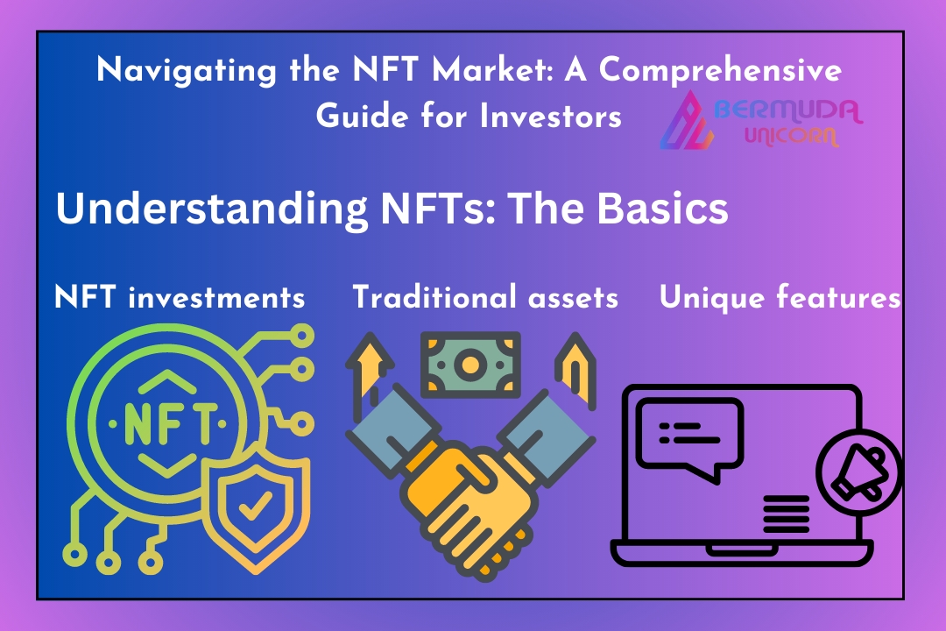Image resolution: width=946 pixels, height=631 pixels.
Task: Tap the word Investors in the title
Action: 550,116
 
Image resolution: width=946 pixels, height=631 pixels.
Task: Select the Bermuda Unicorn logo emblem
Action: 687,121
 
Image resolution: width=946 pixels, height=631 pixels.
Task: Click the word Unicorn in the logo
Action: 791,136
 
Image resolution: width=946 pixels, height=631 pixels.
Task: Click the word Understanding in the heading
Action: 212,209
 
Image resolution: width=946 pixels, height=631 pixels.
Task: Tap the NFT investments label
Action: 180,297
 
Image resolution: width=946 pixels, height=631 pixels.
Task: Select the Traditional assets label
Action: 485,297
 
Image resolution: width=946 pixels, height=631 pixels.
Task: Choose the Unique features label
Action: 780,297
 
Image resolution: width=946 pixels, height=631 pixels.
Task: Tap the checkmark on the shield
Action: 255,505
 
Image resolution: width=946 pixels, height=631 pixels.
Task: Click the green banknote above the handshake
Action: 470,365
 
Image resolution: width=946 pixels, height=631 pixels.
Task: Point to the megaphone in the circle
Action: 859,472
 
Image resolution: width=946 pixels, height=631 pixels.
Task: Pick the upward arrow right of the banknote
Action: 575,368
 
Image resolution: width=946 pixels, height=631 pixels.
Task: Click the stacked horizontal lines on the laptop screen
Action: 786,514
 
